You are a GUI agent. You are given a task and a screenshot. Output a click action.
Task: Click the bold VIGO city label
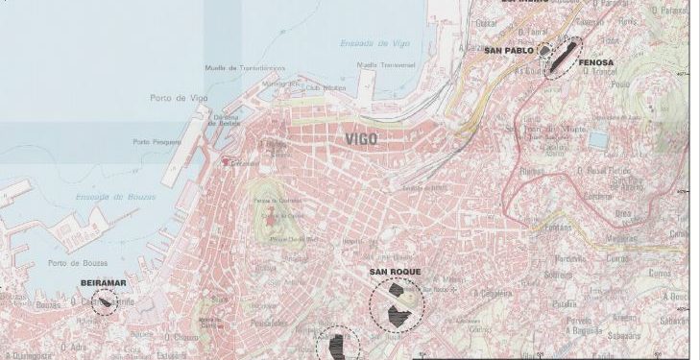[362, 139]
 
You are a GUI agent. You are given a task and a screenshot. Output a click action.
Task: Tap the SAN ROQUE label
[395, 273]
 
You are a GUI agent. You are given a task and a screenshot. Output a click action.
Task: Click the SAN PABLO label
[508, 50]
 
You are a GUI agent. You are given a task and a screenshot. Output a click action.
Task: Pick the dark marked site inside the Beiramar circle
[104, 302]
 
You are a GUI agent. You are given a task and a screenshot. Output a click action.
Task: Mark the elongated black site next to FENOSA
[564, 53]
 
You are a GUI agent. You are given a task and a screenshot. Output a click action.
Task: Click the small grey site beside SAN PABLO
[543, 50]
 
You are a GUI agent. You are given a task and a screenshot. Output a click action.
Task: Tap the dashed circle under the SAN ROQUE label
[397, 307]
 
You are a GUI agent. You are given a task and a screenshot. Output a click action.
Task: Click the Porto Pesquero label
[157, 142]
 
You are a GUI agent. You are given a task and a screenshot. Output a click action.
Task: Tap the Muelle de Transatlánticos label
[245, 68]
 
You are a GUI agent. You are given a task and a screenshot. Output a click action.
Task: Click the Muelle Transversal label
[379, 65]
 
